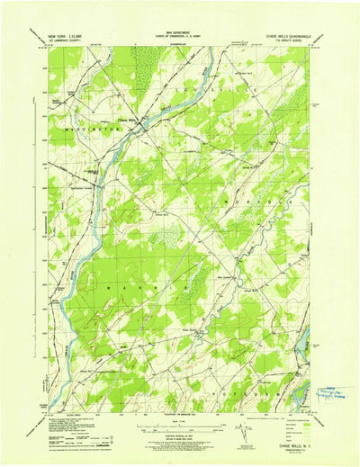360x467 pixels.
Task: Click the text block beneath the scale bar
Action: [180, 434]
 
